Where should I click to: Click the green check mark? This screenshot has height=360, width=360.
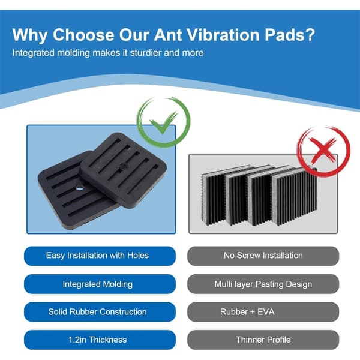[163, 125]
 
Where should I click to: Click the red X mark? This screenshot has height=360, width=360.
[323, 149]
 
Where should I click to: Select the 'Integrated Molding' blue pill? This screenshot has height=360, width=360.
[100, 284]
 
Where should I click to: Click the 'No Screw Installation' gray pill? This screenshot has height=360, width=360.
[263, 256]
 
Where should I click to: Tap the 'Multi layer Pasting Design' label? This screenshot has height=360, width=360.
[263, 284]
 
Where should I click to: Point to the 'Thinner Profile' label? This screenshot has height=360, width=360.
[263, 340]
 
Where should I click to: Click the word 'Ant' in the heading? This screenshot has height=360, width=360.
[167, 35]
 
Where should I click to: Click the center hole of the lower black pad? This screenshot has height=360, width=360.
[80, 188]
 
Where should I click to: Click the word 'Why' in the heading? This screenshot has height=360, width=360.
[30, 35]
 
